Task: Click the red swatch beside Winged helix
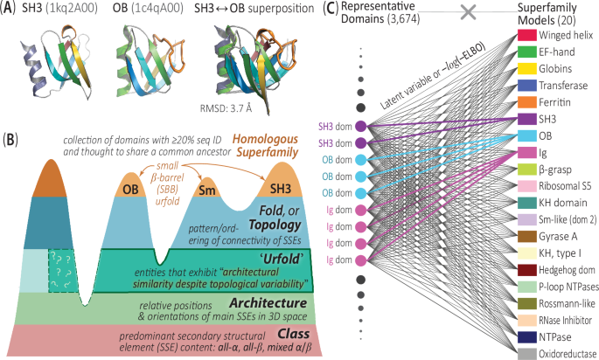[526, 37]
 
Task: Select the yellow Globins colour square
[526, 68]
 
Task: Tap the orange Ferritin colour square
[526, 101]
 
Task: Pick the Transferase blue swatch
[526, 86]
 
